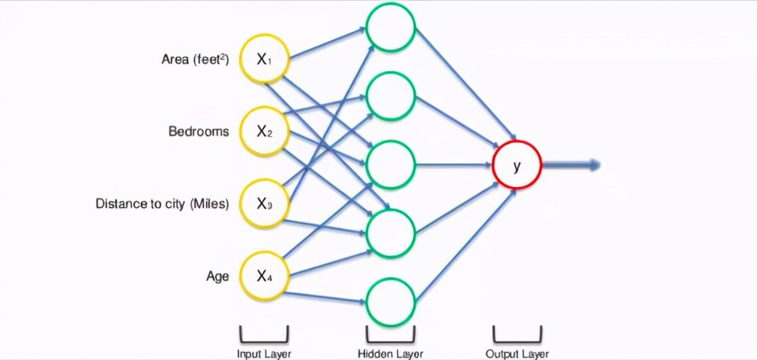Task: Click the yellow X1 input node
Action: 264,59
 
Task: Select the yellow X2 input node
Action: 264,132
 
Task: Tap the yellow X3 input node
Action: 264,203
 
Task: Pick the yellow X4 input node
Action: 264,276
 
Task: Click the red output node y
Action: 517,165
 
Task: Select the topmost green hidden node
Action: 391,28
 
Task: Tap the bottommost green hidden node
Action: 391,302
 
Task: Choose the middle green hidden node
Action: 391,165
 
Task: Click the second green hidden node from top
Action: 391,96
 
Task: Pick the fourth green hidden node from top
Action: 391,233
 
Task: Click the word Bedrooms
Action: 199,132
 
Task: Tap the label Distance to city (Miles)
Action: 162,204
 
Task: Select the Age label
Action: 217,277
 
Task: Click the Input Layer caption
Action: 264,354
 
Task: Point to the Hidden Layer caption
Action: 391,354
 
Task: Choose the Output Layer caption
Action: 517,354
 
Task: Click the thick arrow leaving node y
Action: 571,165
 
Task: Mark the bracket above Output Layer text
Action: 517,336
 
